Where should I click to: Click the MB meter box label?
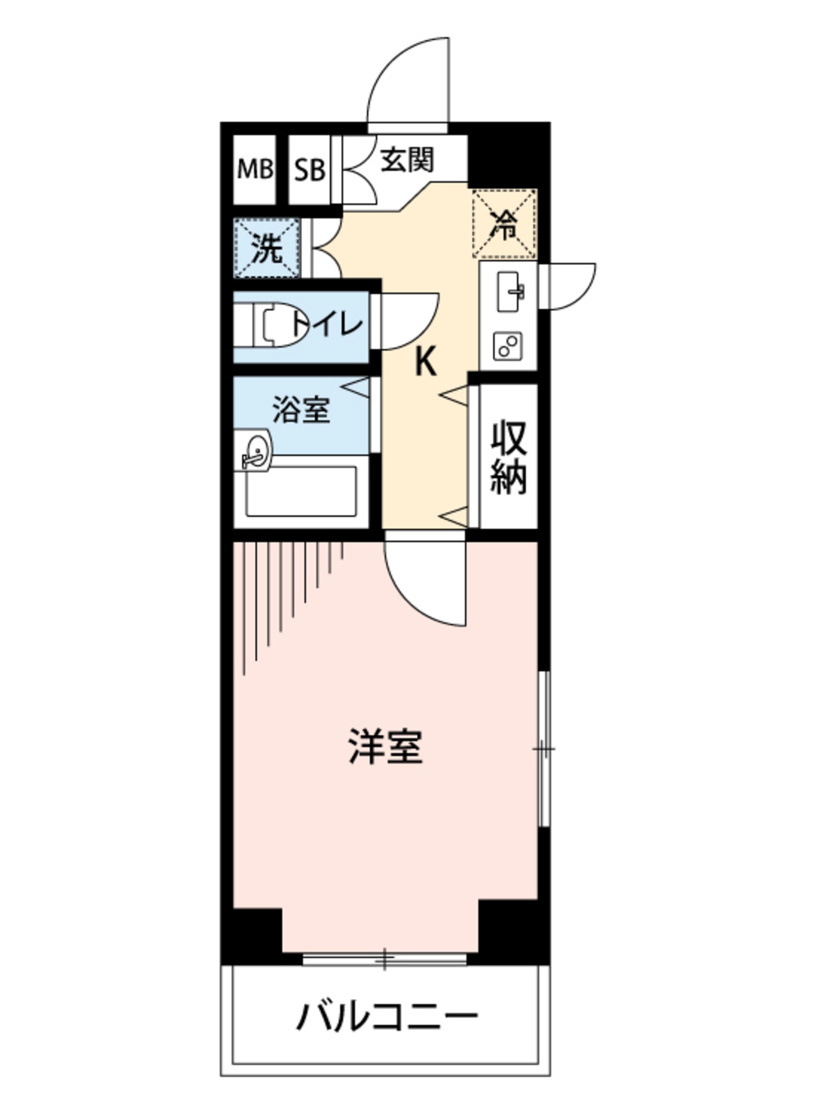click(x=255, y=169)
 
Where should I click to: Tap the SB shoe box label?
click(x=309, y=170)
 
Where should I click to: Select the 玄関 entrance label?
click(x=407, y=160)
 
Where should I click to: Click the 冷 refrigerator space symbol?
click(x=504, y=223)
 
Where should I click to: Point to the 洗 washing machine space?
click(x=267, y=248)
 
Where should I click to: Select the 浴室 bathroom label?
click(x=301, y=410)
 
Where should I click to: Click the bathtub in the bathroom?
click(x=301, y=491)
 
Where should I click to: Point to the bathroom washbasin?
click(x=255, y=450)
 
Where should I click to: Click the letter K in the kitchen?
click(x=425, y=362)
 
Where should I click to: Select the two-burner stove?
click(x=508, y=345)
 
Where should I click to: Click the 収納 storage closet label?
click(x=509, y=457)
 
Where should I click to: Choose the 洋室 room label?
click(x=386, y=746)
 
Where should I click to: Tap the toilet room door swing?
click(x=408, y=322)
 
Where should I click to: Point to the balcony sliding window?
click(x=384, y=959)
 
